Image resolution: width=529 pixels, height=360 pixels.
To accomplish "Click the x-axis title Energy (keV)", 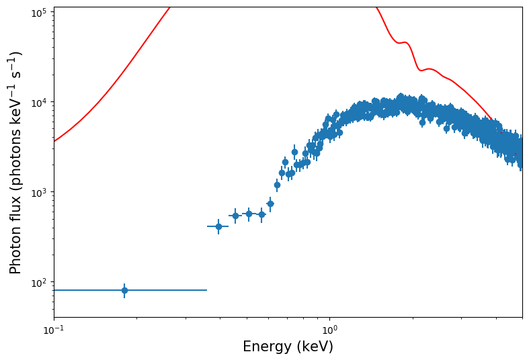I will pos(288,347).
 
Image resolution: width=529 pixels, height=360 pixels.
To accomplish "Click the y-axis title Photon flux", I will pos(15,162).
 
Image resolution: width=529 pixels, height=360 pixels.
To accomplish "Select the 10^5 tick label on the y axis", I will pos(38,12).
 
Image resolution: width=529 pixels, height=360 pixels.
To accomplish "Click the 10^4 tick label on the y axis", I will pos(38,102).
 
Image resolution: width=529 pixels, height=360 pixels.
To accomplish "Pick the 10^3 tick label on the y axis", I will pos(38,192).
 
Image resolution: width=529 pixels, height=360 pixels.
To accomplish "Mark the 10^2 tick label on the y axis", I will pos(38,282).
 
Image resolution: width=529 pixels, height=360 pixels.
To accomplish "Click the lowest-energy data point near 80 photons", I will pos(124,290).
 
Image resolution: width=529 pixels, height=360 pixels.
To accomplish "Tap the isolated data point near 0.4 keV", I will pos(218,226).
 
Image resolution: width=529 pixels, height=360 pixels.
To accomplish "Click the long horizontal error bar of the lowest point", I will pos(168,290).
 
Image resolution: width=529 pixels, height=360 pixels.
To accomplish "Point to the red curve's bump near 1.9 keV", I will pos(405,43).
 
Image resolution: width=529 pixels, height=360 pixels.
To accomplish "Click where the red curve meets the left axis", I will pos(54,140).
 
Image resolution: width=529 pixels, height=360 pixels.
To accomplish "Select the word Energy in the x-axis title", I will pos(266,347).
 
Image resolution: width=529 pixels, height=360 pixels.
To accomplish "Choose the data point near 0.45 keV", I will pos(235,216).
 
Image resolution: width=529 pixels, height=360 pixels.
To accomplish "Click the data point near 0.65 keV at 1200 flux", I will pos(277,185).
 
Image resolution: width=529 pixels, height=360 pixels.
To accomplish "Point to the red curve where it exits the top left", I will pos(169,8).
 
